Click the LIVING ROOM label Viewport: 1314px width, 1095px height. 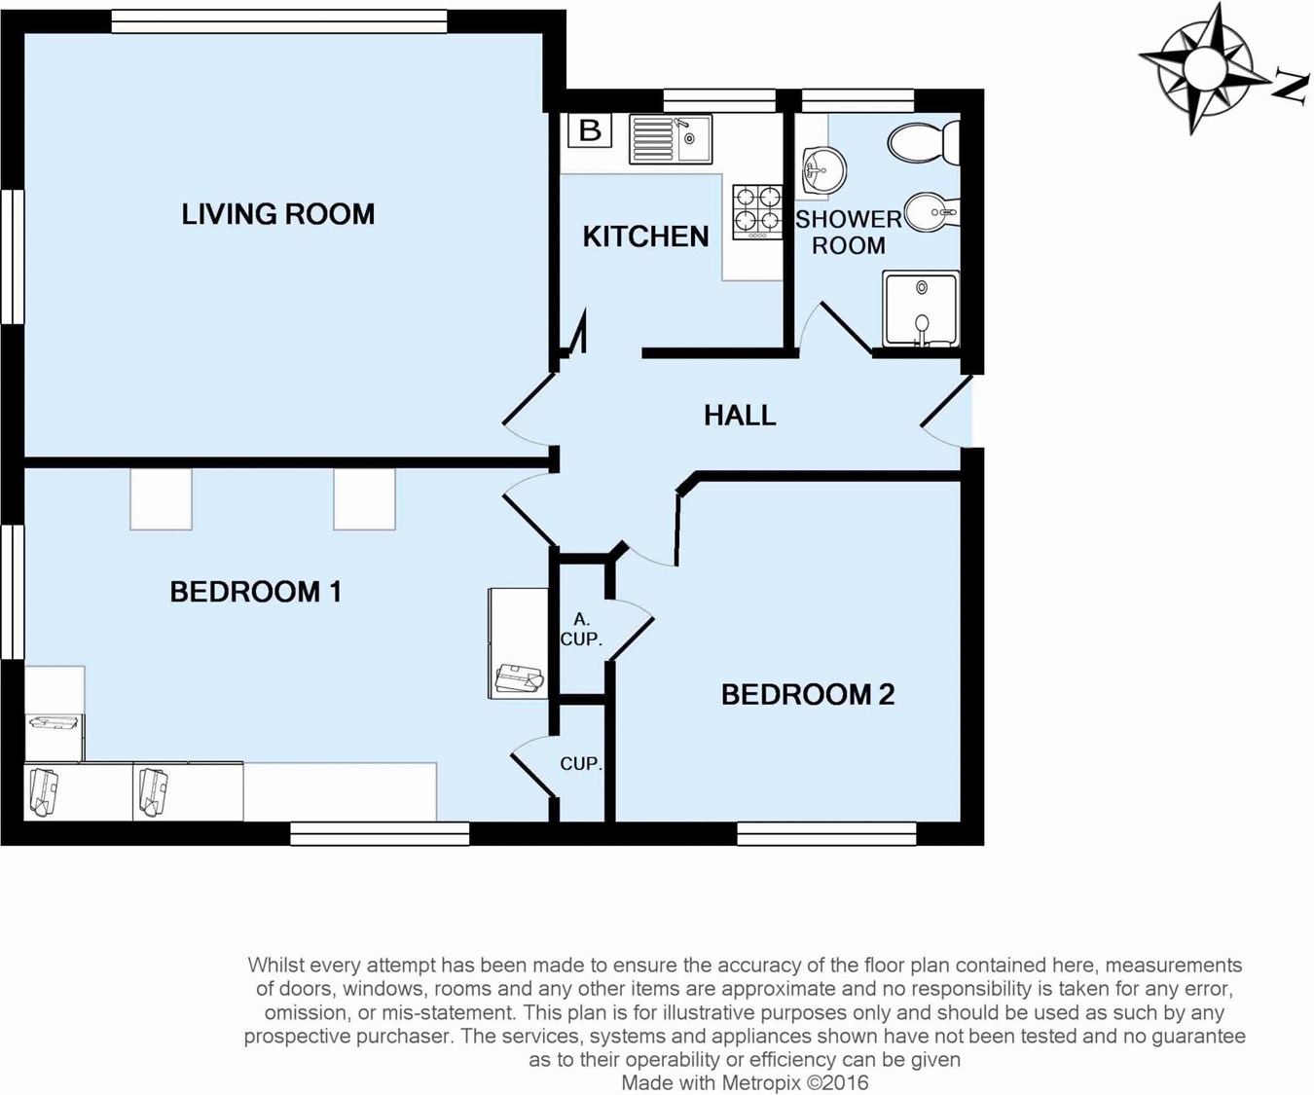[x=278, y=214]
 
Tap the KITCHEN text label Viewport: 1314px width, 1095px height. [x=645, y=237]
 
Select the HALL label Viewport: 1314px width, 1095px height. [x=740, y=416]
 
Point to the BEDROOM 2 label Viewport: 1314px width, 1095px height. [x=808, y=694]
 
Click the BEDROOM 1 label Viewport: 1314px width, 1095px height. [x=255, y=592]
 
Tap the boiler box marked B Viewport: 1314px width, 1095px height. [x=590, y=130]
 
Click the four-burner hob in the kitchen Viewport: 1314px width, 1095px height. [x=757, y=212]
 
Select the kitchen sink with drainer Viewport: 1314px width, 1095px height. [x=671, y=139]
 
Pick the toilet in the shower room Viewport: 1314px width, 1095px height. [x=924, y=143]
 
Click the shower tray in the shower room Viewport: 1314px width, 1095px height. [x=921, y=309]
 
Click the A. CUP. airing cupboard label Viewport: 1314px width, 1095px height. [x=581, y=630]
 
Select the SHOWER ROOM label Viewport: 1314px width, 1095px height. [x=849, y=233]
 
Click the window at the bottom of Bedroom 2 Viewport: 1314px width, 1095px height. [x=826, y=834]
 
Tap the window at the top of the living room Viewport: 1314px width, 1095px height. [x=279, y=21]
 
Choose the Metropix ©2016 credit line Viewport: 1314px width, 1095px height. [x=746, y=1082]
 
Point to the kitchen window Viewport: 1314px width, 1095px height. [x=719, y=100]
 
